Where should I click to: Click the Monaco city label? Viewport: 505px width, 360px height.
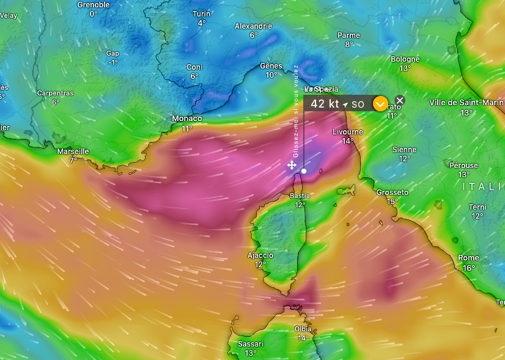(x=187, y=118)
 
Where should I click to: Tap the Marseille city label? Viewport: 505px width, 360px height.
(x=73, y=151)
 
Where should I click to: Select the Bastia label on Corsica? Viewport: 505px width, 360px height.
(x=300, y=196)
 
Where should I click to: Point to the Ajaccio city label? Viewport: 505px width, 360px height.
(x=260, y=255)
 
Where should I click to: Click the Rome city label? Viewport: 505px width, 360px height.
(x=468, y=258)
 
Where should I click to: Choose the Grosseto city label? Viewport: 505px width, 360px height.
(x=392, y=193)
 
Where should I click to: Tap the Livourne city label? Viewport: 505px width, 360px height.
(x=347, y=132)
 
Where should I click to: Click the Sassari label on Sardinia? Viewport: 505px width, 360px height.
(x=250, y=344)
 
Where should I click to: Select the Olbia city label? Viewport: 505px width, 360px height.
(x=303, y=329)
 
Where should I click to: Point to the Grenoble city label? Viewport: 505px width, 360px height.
(x=94, y=5)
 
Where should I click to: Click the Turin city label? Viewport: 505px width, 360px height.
(x=201, y=13)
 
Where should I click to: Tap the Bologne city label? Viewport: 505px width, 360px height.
(x=405, y=59)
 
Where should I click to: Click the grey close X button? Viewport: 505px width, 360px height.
(x=400, y=100)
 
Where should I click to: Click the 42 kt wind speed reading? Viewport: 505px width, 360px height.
(x=324, y=104)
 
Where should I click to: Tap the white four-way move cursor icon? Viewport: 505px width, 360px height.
(x=292, y=165)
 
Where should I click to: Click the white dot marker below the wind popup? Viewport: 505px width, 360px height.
(x=304, y=171)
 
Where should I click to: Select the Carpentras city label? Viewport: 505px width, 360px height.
(x=55, y=93)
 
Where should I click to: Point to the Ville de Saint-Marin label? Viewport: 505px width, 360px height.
(x=466, y=103)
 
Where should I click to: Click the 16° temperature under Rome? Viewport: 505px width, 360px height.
(x=468, y=268)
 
